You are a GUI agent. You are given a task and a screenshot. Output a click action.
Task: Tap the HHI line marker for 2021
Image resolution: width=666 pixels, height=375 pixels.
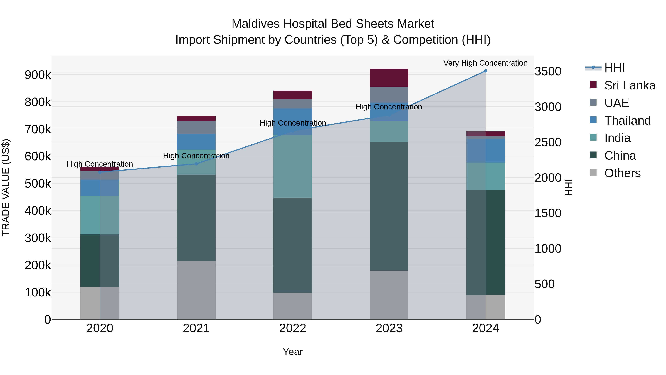[196, 164]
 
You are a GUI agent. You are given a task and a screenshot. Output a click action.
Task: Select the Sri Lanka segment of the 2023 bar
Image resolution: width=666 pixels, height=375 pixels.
[389, 78]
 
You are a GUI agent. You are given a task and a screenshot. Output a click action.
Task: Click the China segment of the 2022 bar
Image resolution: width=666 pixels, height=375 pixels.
[293, 245]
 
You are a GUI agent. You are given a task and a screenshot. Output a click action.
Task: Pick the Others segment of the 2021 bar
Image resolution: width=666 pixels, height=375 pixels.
[196, 290]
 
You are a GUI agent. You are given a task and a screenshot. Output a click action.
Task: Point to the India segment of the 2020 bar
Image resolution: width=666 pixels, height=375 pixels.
[100, 215]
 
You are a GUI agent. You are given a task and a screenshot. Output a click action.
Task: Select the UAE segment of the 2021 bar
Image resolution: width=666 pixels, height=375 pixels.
[196, 127]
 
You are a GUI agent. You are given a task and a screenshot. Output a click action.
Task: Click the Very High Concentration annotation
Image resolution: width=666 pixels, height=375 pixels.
[485, 63]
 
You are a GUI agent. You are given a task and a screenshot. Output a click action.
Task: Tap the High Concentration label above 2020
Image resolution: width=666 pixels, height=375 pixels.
[100, 164]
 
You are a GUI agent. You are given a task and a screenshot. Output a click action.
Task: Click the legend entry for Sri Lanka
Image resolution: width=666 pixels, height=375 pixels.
[630, 85]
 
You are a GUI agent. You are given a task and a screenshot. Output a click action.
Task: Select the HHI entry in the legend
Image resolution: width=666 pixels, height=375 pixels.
[614, 68]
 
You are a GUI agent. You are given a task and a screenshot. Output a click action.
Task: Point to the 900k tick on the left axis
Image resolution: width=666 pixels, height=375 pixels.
[38, 75]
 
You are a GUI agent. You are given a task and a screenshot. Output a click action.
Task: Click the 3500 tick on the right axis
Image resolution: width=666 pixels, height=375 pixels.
[548, 71]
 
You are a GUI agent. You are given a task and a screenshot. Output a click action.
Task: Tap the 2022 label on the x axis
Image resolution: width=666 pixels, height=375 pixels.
[293, 328]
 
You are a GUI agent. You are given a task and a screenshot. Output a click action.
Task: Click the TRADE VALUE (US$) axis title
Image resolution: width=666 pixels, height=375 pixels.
[6, 187]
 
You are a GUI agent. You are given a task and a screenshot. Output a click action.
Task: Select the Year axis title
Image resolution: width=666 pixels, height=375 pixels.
[293, 352]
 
